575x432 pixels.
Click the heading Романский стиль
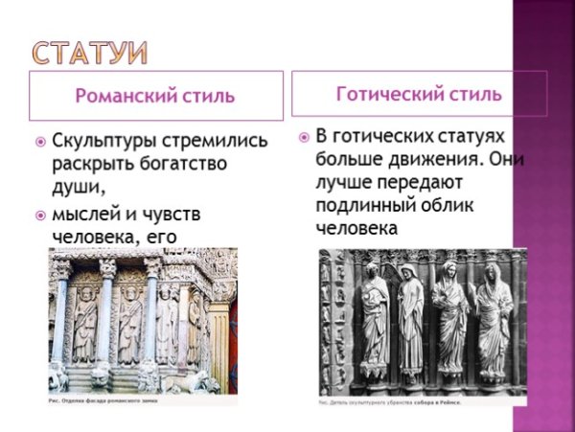tap(155, 95)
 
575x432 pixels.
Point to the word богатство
tap(176, 164)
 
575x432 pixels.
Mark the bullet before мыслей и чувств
tap(40, 213)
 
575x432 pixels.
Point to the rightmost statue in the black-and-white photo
tap(494, 322)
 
